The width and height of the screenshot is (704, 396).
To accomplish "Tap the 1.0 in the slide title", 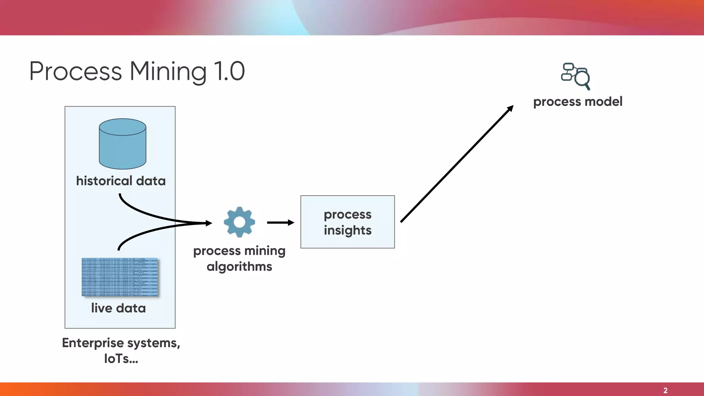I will pyautogui.click(x=229, y=71).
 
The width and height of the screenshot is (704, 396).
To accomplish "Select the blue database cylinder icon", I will pyautogui.click(x=122, y=144).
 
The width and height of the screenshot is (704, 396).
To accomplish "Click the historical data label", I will pyautogui.click(x=121, y=181).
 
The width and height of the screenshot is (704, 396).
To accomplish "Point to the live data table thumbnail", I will pyautogui.click(x=120, y=277).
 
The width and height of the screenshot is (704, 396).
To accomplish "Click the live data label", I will pyautogui.click(x=118, y=308).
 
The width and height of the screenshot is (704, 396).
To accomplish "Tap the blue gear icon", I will pyautogui.click(x=239, y=222).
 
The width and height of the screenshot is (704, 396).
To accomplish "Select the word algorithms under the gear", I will pyautogui.click(x=239, y=266).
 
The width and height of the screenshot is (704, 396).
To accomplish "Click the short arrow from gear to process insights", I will pyautogui.click(x=280, y=223).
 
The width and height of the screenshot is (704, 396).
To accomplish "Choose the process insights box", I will pyautogui.click(x=348, y=222).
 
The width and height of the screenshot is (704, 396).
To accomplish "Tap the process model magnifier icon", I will pyautogui.click(x=575, y=76).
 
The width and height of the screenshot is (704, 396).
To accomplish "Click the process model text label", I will pyautogui.click(x=577, y=101).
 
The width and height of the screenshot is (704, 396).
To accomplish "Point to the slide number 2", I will pyautogui.click(x=665, y=390).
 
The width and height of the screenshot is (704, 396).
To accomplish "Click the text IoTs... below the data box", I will pyautogui.click(x=121, y=359).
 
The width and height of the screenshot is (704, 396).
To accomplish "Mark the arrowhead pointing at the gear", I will pyautogui.click(x=209, y=223).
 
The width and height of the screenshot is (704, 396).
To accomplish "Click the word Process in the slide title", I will pyautogui.click(x=76, y=71).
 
